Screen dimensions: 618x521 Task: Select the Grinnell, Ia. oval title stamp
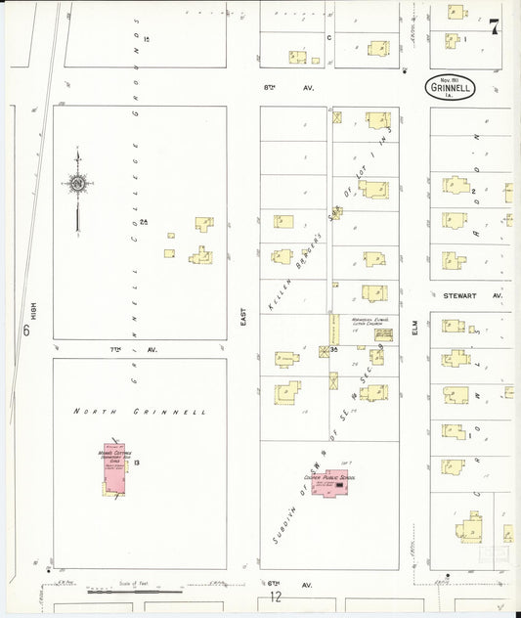click(x=452, y=87)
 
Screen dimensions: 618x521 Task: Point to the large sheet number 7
click(x=495, y=26)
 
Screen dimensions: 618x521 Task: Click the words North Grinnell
click(x=140, y=413)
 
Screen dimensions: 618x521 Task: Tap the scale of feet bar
click(x=135, y=591)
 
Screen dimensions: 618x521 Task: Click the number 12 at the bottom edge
click(x=276, y=596)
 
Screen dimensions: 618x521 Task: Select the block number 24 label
click(x=143, y=223)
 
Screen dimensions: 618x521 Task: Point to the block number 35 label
click(x=334, y=349)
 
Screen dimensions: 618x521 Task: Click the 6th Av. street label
click(x=278, y=584)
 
